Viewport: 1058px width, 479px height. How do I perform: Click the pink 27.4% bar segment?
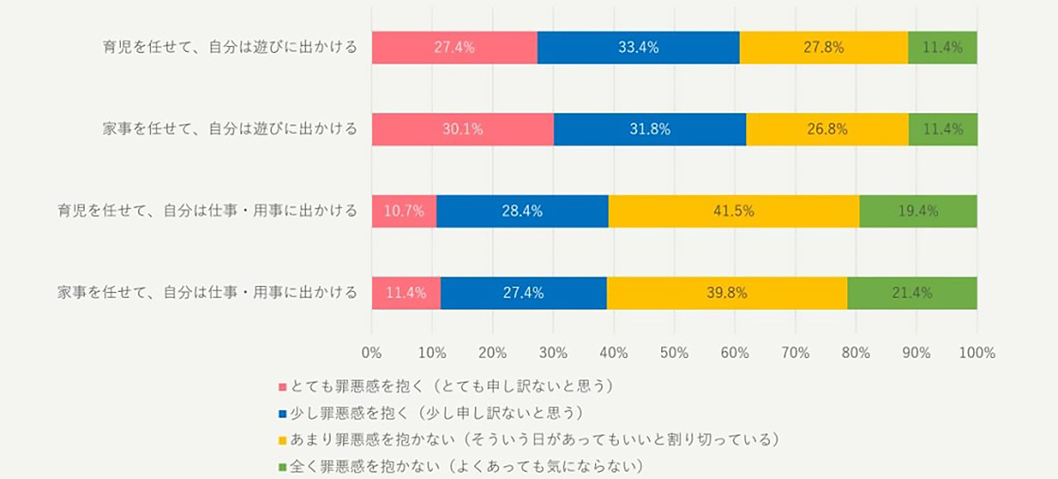tap(454, 48)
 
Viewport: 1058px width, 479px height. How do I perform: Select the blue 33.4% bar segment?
tap(638, 48)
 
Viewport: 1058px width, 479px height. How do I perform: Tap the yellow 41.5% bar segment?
tap(734, 211)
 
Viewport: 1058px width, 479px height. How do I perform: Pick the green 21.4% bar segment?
tap(912, 293)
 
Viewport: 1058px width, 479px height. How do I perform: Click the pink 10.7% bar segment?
tap(404, 211)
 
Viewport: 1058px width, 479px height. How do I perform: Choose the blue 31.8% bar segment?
tap(650, 130)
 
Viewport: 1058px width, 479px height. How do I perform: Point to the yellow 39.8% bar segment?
tap(726, 293)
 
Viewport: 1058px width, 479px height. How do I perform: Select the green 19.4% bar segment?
tap(918, 211)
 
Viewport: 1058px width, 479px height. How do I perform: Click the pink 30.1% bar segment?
tap(463, 130)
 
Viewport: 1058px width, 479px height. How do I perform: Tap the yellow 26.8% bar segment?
tap(827, 130)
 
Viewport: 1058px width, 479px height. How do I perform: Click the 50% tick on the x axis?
tap(674, 353)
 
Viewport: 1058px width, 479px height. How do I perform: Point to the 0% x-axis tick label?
tap(372, 353)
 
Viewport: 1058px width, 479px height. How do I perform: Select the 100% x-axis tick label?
tap(977, 353)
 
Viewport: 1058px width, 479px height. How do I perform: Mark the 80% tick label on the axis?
tap(856, 353)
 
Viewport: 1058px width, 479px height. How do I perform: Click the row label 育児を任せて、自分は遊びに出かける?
tap(231, 48)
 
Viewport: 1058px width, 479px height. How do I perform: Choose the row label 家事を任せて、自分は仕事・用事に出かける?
tap(207, 293)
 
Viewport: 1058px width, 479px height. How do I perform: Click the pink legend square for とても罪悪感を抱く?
tap(283, 386)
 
